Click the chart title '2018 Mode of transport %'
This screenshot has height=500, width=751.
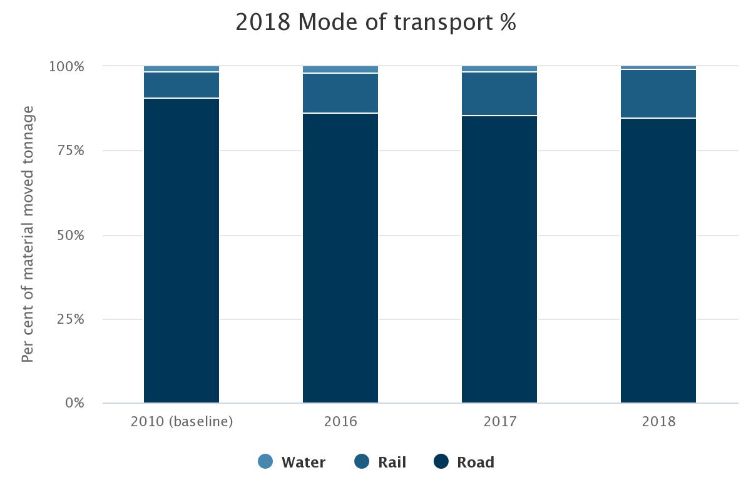click(375, 22)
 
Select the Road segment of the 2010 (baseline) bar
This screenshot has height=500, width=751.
click(181, 250)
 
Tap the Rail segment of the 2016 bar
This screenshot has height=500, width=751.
click(340, 93)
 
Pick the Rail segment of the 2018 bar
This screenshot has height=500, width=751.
click(658, 94)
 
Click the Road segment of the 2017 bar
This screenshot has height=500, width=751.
click(499, 259)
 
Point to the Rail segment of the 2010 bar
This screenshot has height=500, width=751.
click(181, 85)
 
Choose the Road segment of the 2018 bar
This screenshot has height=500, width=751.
click(658, 260)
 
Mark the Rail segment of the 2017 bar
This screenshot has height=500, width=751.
click(499, 94)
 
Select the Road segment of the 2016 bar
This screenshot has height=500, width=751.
click(340, 257)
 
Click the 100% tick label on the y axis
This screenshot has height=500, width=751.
click(66, 66)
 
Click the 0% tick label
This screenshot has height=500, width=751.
click(74, 403)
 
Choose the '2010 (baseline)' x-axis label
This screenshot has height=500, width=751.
click(181, 421)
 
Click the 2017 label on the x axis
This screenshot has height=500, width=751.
click(499, 421)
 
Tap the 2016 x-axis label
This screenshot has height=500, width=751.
click(340, 421)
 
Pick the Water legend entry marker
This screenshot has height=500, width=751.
click(265, 462)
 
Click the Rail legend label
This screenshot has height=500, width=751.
click(392, 462)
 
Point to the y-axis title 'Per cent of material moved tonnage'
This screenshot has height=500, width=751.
click(28, 234)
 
